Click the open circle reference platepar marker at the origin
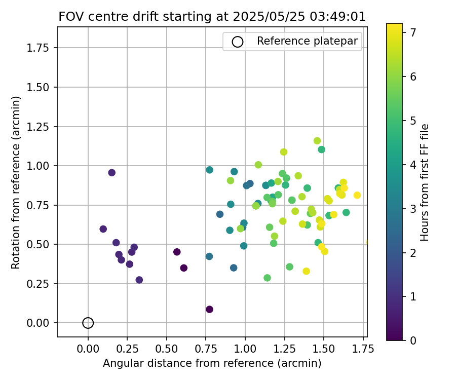[x=88, y=323]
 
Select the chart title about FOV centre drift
[x=212, y=16]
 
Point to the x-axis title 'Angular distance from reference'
[x=212, y=363]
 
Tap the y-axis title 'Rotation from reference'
[x=16, y=182]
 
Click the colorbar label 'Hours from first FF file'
[x=425, y=182]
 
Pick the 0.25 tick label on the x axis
[x=127, y=349]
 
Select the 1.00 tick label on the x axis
[x=245, y=349]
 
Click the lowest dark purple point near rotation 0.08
[x=209, y=309]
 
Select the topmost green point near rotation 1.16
[x=317, y=141]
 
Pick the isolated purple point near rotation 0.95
[x=112, y=173]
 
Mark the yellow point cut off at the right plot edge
[x=367, y=242]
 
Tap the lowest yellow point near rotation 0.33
[x=306, y=271]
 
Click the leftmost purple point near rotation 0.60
[x=103, y=229]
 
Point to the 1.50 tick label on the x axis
[x=324, y=349]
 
